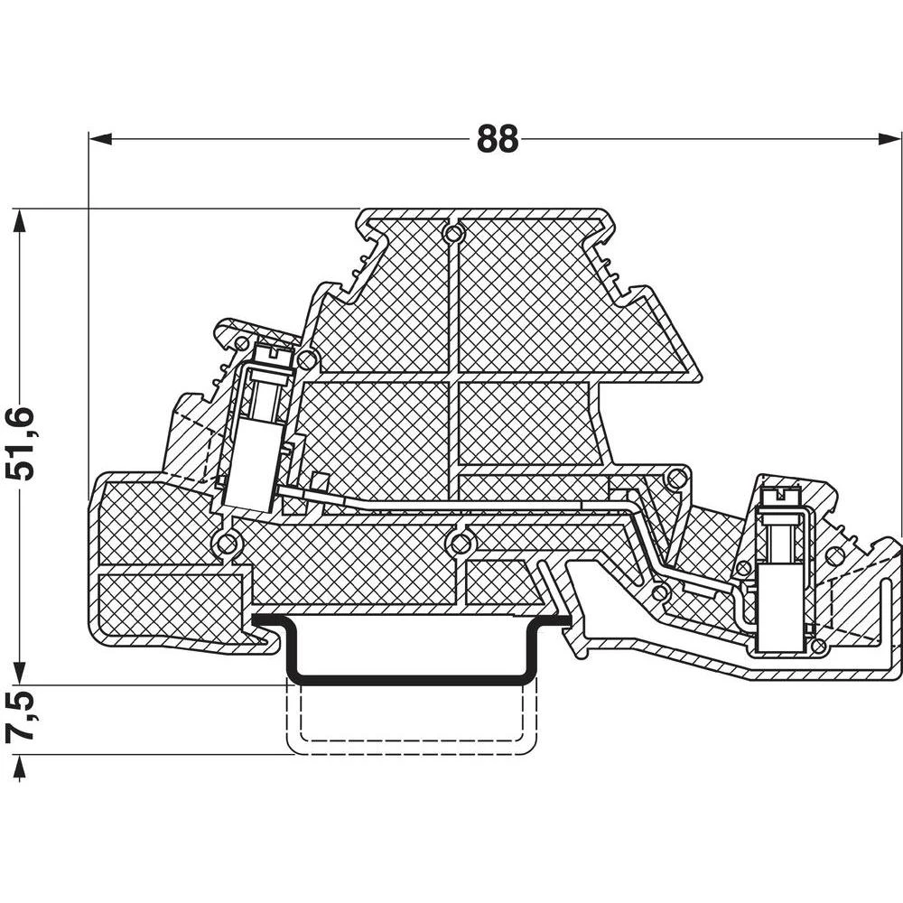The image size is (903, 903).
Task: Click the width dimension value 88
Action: [x=498, y=139]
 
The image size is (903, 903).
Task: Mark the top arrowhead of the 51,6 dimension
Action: [x=20, y=219]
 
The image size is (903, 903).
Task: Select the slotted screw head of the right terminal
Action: [x=777, y=497]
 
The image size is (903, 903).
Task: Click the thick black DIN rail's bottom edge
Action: [x=411, y=680]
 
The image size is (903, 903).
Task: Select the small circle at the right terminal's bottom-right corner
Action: [x=817, y=647]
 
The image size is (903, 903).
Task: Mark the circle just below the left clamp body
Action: [x=226, y=544]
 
